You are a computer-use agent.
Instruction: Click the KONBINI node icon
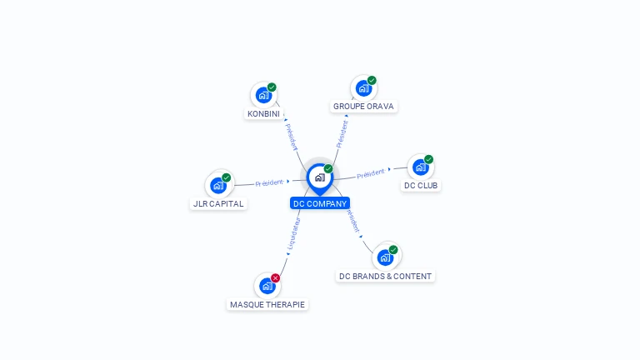264,95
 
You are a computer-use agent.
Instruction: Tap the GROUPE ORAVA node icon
363,88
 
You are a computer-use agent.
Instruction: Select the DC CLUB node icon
421,167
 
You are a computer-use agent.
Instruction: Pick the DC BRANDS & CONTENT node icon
386,257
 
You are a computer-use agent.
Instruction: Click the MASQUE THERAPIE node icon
267,286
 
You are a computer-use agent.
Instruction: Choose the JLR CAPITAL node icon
218,185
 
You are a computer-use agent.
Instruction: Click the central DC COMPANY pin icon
319,177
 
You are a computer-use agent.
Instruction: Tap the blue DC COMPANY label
320,203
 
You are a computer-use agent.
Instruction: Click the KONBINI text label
264,113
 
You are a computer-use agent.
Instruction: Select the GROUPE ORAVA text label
363,107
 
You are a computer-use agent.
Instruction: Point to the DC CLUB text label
421,186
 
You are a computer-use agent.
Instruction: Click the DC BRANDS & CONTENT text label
385,276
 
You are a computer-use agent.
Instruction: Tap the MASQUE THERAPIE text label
267,305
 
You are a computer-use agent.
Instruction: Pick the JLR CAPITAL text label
218,204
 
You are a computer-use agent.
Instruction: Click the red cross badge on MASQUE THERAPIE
276,277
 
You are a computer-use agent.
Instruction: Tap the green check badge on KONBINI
272,87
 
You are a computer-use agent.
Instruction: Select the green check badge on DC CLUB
428,159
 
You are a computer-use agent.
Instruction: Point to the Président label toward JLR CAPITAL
270,182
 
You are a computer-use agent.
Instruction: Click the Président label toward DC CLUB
371,173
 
